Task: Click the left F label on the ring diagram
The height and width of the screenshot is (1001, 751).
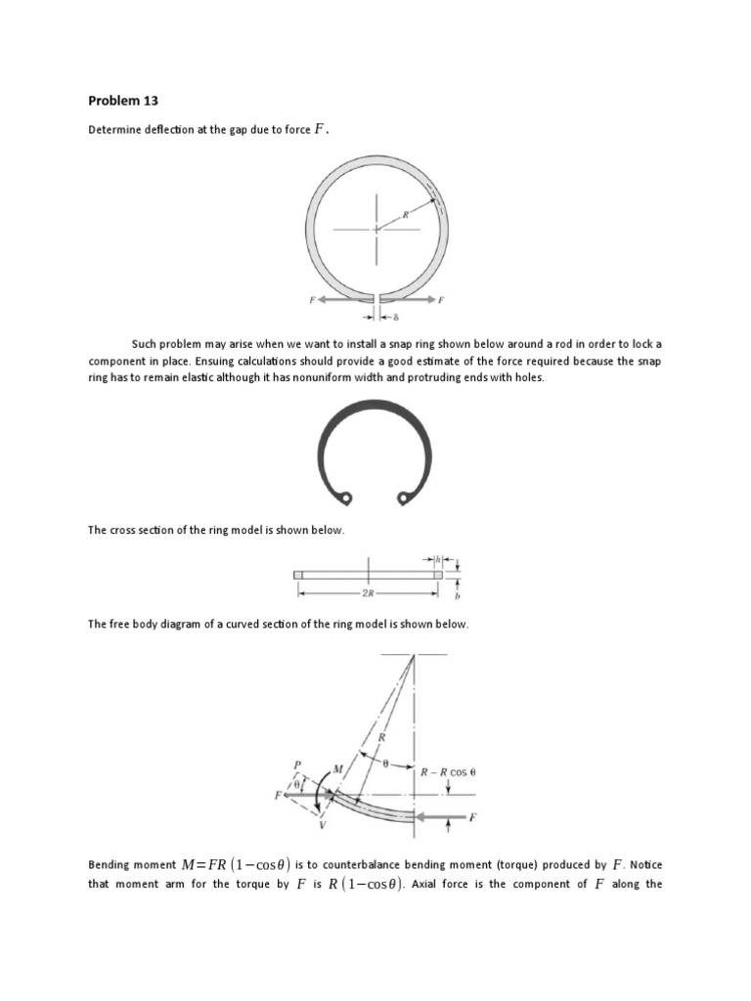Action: (x=311, y=300)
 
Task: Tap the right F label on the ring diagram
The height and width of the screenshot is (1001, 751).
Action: (x=441, y=300)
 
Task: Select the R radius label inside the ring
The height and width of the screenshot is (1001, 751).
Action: (x=404, y=213)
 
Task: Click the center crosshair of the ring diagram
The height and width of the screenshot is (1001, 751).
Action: (x=375, y=230)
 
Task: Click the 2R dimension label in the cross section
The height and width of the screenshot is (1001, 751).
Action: (x=368, y=591)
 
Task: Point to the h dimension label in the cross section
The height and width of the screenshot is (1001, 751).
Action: (x=439, y=559)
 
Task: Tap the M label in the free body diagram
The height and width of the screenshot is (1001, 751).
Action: (x=337, y=769)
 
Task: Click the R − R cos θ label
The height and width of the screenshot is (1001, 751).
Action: (x=448, y=771)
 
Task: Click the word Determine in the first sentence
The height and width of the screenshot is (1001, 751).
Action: (x=111, y=130)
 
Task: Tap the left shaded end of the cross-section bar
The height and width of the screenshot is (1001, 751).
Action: (x=298, y=575)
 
